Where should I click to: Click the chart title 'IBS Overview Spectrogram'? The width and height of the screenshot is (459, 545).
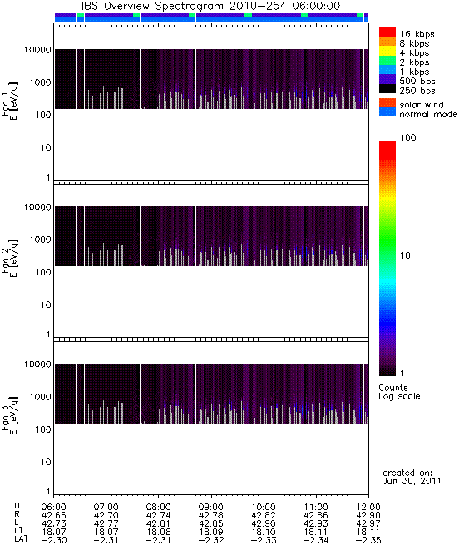152,7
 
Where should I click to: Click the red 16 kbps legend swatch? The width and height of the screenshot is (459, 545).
387,32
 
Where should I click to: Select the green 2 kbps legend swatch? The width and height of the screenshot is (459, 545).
387,61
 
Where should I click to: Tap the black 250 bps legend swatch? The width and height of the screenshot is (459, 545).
387,89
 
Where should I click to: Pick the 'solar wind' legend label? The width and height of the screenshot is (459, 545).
422,105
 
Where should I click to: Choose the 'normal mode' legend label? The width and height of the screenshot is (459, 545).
428,114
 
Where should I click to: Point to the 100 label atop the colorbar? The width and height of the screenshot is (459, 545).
408,137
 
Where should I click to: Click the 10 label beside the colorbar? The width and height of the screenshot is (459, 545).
406,255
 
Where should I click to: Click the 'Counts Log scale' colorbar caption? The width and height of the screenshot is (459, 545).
399,392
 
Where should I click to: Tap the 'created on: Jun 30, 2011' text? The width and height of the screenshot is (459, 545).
412,477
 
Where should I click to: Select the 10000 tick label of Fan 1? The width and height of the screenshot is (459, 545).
37,50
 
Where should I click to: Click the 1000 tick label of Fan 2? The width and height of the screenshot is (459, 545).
40,240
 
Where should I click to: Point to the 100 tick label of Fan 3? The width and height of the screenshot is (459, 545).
43,429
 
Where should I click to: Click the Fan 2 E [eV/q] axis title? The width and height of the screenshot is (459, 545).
10,258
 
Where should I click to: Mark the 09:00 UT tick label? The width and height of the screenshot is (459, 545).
211,507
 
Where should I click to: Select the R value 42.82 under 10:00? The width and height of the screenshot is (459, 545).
264,515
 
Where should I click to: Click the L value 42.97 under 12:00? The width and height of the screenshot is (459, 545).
368,523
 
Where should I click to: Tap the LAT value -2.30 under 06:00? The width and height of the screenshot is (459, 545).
53,540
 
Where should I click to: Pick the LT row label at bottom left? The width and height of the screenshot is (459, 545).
19,532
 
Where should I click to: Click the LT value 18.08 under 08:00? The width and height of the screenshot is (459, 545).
159,532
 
